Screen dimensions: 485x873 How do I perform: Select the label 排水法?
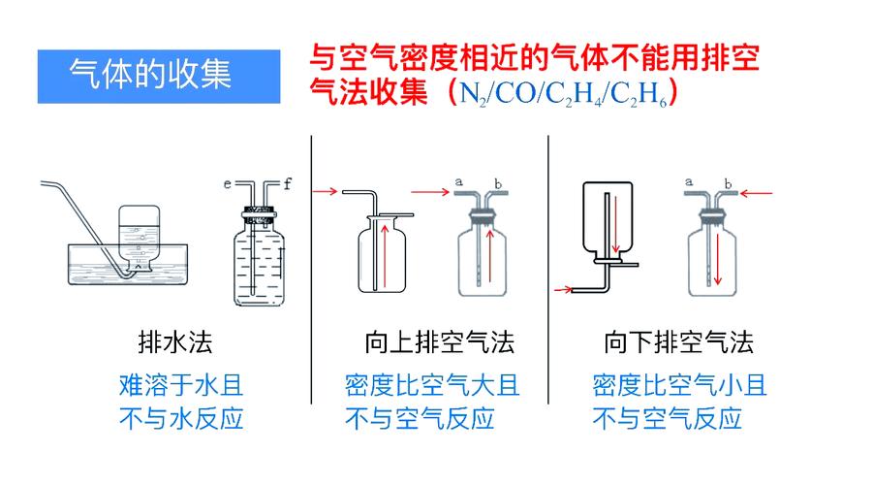(175, 342)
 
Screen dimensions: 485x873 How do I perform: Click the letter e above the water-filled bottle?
(227, 182)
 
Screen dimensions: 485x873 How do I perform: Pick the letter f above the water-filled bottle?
(290, 182)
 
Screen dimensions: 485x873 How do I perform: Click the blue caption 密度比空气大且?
(432, 385)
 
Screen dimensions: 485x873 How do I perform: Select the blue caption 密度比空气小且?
(680, 385)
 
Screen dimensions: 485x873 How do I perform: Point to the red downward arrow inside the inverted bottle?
(614, 225)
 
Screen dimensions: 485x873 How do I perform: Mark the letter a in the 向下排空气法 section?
(689, 181)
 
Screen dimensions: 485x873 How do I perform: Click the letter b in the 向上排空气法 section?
(498, 181)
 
